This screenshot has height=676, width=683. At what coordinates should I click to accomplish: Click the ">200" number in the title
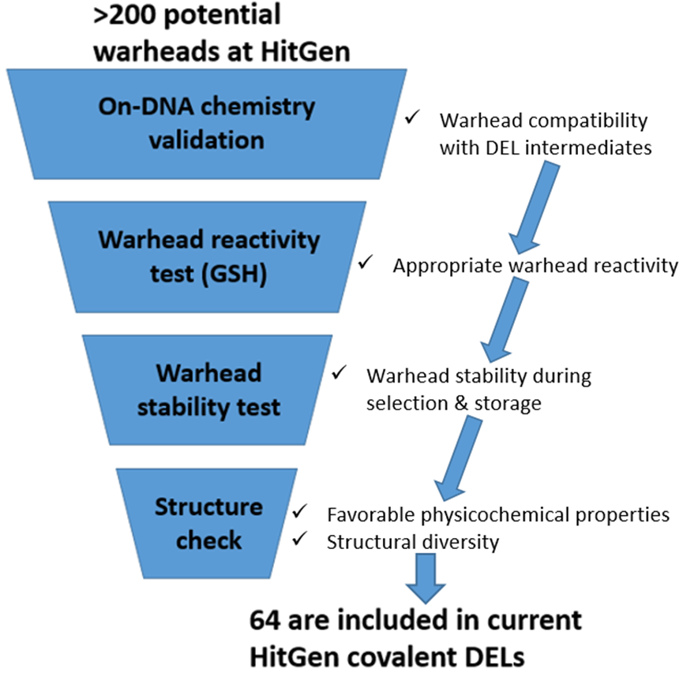[x=125, y=14]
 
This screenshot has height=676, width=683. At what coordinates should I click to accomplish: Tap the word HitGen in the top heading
[x=306, y=51]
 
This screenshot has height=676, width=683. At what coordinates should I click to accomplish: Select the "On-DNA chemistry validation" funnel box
[x=207, y=124]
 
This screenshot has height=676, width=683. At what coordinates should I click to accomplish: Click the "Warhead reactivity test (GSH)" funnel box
[x=208, y=257]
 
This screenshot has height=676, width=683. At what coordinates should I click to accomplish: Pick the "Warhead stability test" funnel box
[x=208, y=390]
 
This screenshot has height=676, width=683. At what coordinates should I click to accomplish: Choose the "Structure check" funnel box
[x=208, y=523]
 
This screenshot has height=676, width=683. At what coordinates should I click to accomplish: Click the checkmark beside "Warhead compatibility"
[x=412, y=117]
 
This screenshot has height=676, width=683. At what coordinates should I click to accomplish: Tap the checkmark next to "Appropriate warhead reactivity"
[x=366, y=262]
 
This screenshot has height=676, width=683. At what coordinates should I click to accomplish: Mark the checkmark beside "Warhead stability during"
[x=339, y=372]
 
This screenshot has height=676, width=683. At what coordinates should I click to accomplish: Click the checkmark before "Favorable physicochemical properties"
[x=300, y=511]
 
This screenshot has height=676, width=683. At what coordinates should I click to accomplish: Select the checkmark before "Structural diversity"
[x=300, y=539]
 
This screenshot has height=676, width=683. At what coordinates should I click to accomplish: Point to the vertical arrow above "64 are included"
[x=426, y=578]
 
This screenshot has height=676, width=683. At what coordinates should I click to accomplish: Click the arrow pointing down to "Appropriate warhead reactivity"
[x=535, y=207]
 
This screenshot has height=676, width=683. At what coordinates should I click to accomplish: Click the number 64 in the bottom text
[x=265, y=620]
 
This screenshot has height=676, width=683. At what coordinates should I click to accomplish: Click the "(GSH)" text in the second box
[x=234, y=275]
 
